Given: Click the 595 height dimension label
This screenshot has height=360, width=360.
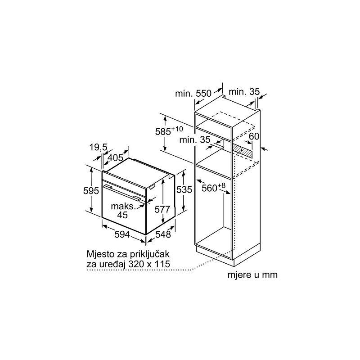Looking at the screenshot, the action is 91,190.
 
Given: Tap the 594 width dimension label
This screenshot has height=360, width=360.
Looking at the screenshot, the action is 122,234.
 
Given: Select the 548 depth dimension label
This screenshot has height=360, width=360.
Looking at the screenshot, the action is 163,234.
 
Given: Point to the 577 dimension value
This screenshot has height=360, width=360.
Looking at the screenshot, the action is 162,209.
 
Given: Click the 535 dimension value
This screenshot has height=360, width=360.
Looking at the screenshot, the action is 184,189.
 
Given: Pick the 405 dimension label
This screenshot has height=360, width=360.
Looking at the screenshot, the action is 116,158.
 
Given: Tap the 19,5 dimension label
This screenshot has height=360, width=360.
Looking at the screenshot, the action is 98,147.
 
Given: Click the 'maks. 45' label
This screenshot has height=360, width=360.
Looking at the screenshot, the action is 123,211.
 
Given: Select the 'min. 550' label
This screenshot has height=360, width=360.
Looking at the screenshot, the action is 193,94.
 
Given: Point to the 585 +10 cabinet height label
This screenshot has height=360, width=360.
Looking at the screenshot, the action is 169,130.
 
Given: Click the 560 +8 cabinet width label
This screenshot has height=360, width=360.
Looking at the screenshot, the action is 213,187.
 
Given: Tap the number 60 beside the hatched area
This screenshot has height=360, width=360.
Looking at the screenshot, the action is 254,136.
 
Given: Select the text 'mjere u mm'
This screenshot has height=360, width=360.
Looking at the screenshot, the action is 252,274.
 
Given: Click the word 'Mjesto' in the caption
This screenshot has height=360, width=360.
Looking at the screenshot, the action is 100,254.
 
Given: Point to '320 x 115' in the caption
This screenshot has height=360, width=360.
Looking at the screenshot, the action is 149,264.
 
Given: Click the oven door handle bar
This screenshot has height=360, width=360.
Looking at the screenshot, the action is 122,193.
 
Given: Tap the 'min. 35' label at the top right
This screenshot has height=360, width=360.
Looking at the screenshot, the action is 244,92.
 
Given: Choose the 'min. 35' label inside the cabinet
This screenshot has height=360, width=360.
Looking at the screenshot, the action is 195,139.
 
